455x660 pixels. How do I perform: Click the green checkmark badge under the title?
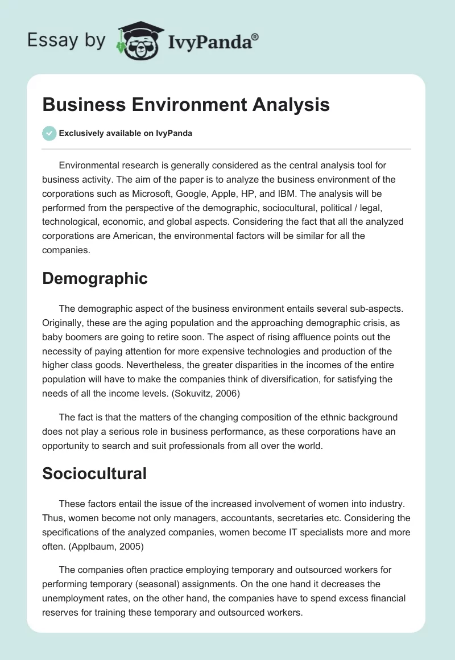(x=49, y=133)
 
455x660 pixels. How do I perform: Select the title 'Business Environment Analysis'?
(x=186, y=105)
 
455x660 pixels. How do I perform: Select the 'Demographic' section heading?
(x=94, y=278)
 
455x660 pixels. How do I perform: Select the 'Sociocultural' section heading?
(x=94, y=473)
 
